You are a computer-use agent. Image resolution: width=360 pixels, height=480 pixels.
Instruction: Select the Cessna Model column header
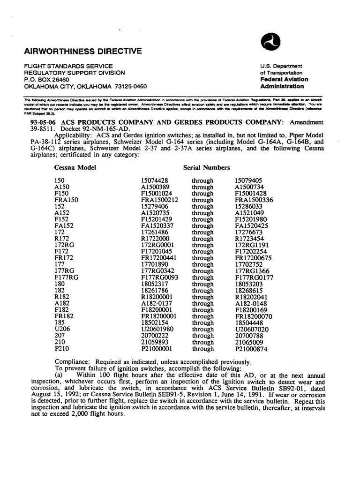(x=75, y=167)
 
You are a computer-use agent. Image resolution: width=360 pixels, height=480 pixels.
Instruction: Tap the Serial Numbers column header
(x=206, y=167)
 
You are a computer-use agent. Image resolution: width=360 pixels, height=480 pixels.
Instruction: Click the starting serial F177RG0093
(x=159, y=277)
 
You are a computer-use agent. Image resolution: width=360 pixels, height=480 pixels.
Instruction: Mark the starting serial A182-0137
(x=157, y=303)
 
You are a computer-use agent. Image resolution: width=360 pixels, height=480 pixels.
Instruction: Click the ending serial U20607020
(x=252, y=330)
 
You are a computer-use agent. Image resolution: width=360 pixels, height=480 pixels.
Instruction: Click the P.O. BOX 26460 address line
(x=46, y=80)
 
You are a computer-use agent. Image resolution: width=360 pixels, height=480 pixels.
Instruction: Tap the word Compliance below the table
(x=73, y=362)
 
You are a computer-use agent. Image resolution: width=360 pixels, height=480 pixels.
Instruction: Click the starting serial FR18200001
(x=159, y=316)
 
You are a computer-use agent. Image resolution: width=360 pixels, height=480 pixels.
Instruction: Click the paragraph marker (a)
(x=60, y=375)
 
